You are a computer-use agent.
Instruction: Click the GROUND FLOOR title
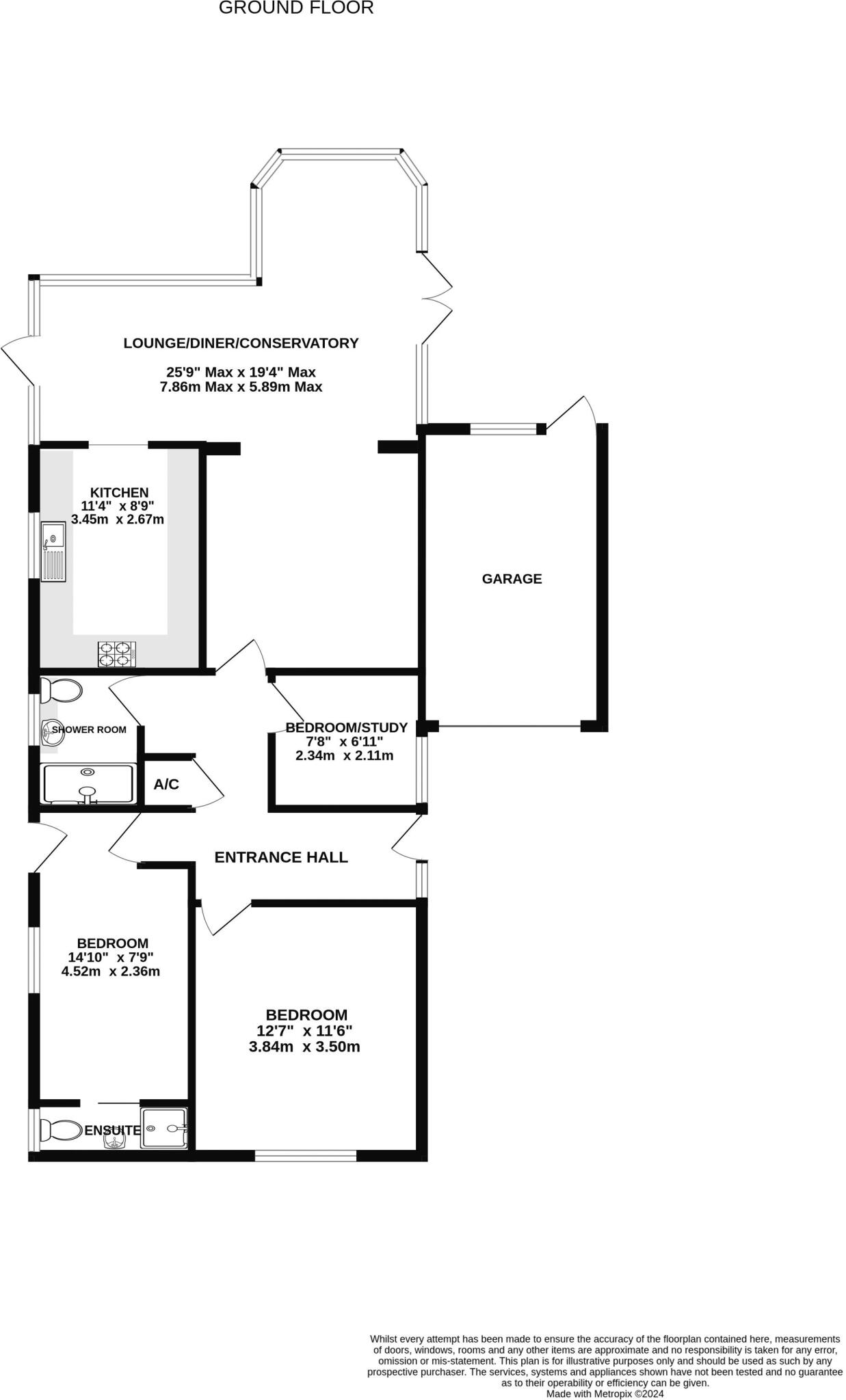tap(296, 8)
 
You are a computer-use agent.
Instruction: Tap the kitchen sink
tap(53, 551)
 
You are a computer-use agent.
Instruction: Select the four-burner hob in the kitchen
tap(116, 653)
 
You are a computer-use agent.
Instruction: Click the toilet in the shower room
tap(60, 690)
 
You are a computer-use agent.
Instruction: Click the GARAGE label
tap(512, 579)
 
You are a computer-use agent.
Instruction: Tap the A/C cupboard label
tap(166, 785)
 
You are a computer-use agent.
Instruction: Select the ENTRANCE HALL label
tap(281, 857)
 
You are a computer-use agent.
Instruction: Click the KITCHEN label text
tap(119, 493)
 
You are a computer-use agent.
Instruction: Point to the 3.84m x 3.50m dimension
tap(304, 1047)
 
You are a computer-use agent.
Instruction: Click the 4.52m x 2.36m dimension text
tap(111, 971)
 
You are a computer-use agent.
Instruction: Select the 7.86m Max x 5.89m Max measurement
tap(241, 387)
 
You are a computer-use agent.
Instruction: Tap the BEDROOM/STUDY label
tap(346, 727)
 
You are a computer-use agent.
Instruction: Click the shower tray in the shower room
tap(88, 783)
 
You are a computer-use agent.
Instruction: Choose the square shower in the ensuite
tap(164, 1129)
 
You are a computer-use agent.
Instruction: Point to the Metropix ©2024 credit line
tap(605, 1393)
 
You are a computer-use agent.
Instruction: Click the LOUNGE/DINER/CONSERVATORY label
tap(241, 343)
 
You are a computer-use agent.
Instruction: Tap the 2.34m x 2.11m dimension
tap(344, 756)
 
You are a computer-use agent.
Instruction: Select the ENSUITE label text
tap(112, 1131)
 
